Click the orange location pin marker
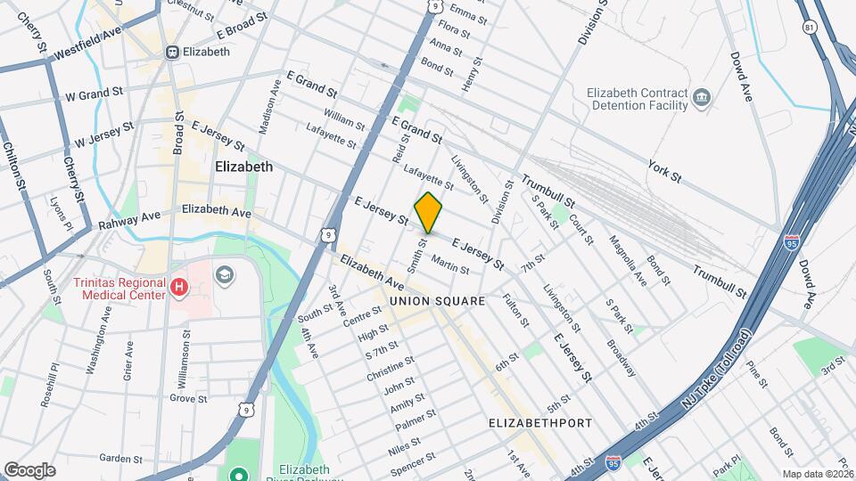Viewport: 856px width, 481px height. (429, 212)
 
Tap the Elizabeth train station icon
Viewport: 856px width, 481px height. (172, 52)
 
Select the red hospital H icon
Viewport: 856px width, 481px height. (179, 287)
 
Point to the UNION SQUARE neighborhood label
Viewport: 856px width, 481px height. (437, 301)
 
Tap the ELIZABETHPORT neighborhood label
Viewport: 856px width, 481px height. (540, 423)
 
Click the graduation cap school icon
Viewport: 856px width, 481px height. (224, 273)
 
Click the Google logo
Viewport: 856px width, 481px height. (29, 470)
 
